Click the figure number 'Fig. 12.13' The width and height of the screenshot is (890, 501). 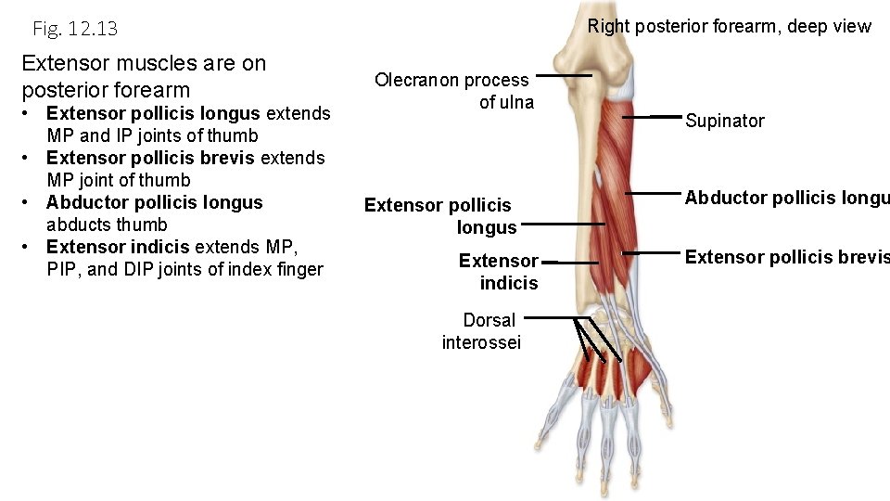pyautogui.click(x=75, y=29)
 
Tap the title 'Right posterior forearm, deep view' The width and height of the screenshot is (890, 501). pyautogui.click(x=729, y=26)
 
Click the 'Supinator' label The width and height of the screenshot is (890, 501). pyautogui.click(x=724, y=121)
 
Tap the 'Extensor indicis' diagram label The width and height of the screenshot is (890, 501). pyautogui.click(x=499, y=272)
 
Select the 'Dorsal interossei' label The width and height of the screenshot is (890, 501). pyautogui.click(x=482, y=331)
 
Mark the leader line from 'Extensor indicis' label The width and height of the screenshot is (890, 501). pyautogui.click(x=557, y=263)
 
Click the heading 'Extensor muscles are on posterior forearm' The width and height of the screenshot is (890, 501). pyautogui.click(x=144, y=76)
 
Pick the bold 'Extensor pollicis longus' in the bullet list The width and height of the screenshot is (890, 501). pyautogui.click(x=153, y=113)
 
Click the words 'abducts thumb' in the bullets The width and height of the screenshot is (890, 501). pyautogui.click(x=107, y=225)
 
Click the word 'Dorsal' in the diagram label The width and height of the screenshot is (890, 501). pyautogui.click(x=489, y=320)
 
